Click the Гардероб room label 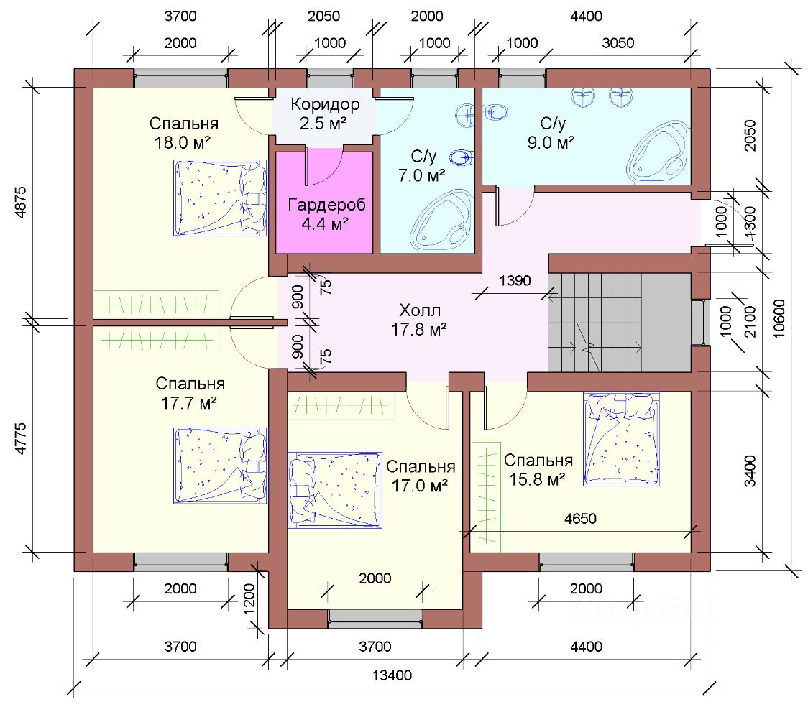tap(326, 205)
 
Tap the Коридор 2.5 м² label tap(325, 114)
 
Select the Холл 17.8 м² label tap(419, 320)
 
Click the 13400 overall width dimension tap(392, 675)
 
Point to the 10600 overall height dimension tap(779, 319)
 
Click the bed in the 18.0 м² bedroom tap(221, 198)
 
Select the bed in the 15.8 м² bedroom tap(622, 439)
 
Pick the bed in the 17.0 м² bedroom tap(336, 490)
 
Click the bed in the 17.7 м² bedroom tap(221, 465)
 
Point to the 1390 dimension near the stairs tap(515, 281)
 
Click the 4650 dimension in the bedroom tap(580, 518)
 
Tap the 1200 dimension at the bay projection tap(249, 599)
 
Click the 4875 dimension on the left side tap(21, 203)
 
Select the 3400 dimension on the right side tap(750, 471)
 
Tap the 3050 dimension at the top tap(618, 42)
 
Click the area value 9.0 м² tap(551, 143)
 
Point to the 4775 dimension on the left tap(21, 438)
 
